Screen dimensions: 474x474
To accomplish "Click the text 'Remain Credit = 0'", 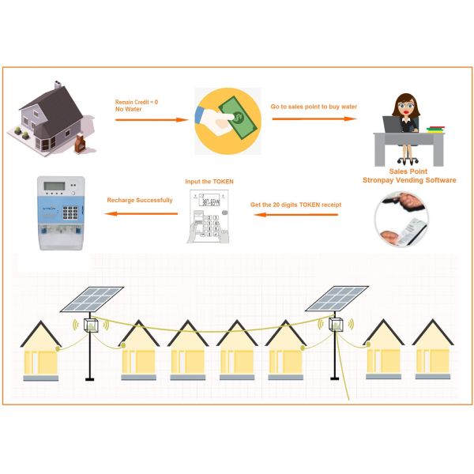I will point(137,102).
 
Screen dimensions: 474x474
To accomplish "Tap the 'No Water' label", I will point(128,109).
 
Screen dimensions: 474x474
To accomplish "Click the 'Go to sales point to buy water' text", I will point(314,106).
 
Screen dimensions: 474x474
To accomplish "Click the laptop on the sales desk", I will point(393,126).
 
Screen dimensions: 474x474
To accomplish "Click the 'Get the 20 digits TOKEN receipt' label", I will point(295,205).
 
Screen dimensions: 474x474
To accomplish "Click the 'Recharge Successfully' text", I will point(139,200).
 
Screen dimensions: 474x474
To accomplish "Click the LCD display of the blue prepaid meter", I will point(53,186).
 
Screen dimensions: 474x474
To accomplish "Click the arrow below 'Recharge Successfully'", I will point(139,212).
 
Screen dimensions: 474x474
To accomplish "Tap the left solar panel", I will point(92,298).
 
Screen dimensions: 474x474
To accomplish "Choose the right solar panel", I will point(336,298).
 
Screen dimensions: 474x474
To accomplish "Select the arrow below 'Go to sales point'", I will point(314,118).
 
